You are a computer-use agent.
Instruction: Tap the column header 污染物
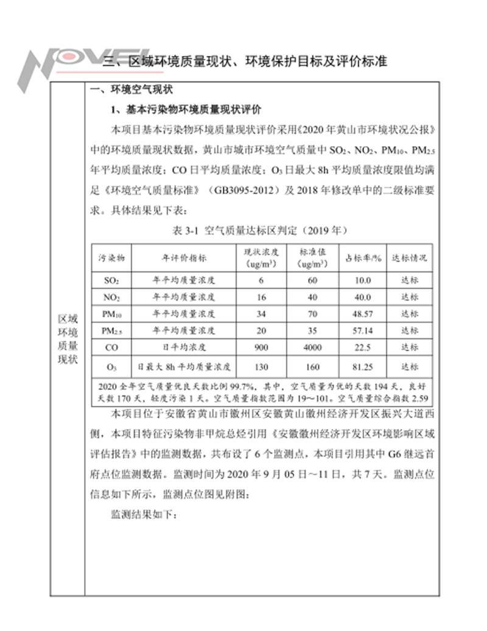tap(112, 257)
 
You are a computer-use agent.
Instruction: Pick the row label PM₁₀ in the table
tap(112, 314)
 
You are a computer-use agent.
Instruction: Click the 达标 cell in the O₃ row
tap(409, 367)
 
